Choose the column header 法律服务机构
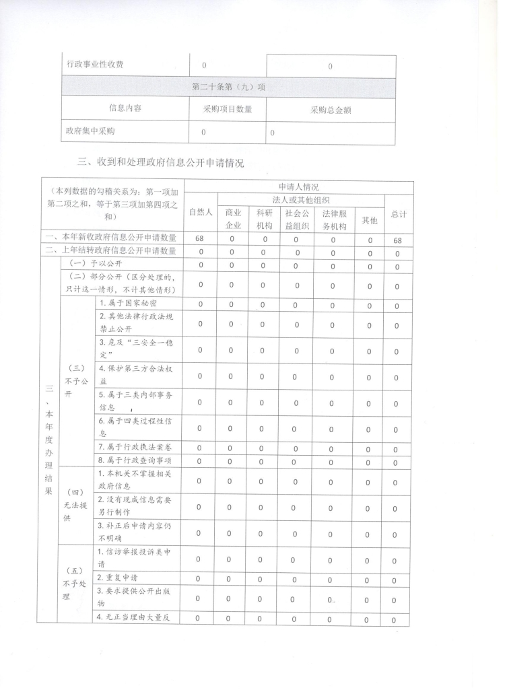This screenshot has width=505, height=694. [330, 218]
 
